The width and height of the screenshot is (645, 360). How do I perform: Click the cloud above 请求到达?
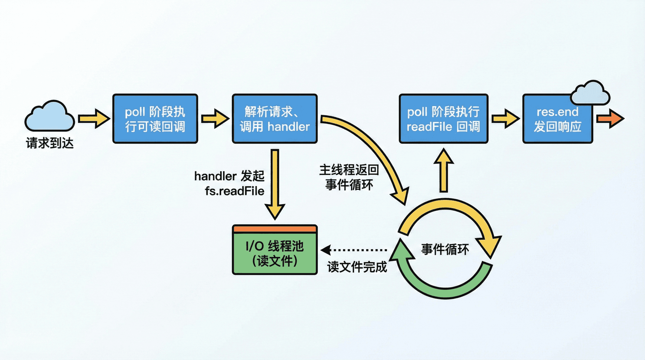[50, 117]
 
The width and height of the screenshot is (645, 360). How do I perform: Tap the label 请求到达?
[50, 143]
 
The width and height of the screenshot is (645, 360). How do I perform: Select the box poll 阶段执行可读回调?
[155, 119]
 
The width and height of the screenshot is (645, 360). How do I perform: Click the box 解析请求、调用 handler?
[274, 119]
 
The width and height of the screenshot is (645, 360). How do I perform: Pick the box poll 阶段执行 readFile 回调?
[443, 119]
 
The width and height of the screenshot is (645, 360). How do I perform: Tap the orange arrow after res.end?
[610, 119]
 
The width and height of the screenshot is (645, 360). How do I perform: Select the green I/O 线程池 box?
[275, 254]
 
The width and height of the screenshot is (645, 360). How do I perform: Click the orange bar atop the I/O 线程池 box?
[275, 229]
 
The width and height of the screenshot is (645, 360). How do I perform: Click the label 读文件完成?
[357, 267]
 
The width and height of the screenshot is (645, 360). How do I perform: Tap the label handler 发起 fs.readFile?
[229, 183]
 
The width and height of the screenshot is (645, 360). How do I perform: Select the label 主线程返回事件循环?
[349, 177]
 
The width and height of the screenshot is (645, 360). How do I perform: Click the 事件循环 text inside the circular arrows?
[445, 250]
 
